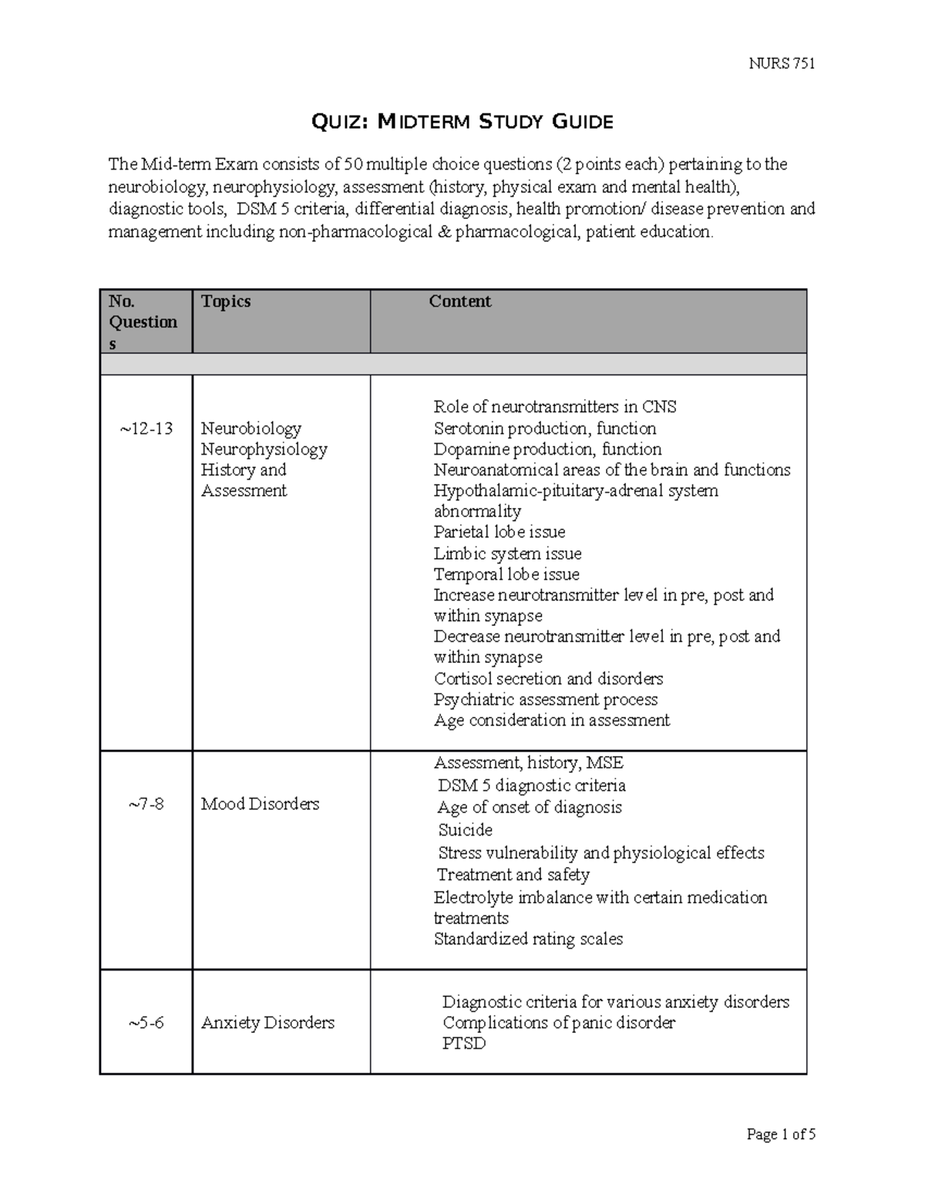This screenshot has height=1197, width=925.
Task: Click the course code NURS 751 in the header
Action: (782, 63)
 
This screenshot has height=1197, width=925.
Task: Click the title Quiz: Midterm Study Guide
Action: (461, 121)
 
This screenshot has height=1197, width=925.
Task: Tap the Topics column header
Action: (226, 301)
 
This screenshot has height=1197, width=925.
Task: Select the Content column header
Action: (459, 301)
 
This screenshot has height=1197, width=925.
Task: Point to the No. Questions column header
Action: (143, 322)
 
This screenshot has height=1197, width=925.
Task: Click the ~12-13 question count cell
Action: (146, 429)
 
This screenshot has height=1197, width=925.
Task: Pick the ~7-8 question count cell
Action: (146, 804)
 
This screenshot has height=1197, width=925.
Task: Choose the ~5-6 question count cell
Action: (146, 1023)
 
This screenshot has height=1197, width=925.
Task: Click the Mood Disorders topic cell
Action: (260, 804)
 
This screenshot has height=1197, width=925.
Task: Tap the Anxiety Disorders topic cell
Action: (267, 1023)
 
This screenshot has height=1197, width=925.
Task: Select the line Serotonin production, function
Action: (544, 429)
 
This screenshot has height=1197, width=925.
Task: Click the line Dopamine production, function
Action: (547, 449)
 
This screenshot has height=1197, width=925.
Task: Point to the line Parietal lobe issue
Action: (499, 532)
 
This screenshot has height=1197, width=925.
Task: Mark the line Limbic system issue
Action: (507, 553)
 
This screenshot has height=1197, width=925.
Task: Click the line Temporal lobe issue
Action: (506, 574)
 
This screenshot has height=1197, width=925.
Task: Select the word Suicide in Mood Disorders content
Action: (465, 830)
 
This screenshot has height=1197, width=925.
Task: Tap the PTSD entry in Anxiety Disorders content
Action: (464, 1044)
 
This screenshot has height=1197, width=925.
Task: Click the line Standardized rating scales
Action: (528, 939)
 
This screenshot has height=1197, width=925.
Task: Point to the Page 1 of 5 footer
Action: (781, 1134)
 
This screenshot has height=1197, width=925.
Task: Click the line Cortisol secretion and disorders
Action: (548, 679)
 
